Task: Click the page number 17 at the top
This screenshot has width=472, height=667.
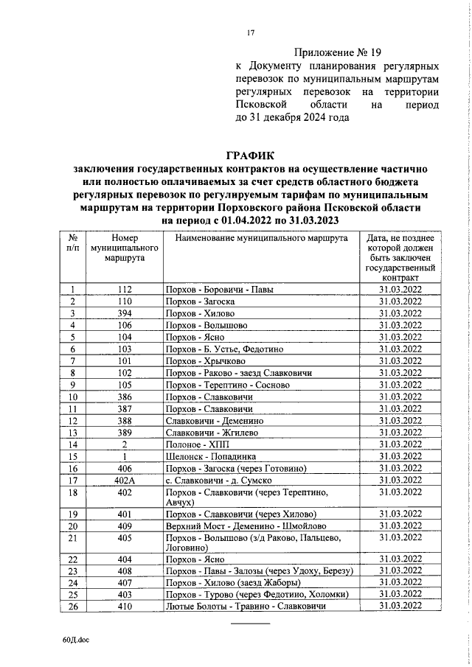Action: click(x=250, y=33)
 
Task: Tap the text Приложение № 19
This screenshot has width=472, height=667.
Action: click(x=339, y=52)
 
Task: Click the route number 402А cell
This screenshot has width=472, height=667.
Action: click(x=124, y=479)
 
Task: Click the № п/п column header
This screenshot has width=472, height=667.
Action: click(x=73, y=244)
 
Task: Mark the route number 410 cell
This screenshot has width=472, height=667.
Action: click(x=124, y=606)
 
